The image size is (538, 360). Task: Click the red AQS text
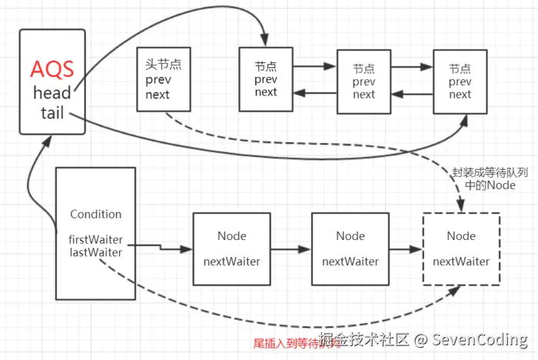click(51, 68)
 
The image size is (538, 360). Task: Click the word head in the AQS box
click(51, 93)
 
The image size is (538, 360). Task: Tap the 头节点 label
click(163, 65)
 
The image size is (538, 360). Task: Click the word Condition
click(96, 214)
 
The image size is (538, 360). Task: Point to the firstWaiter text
click(96, 239)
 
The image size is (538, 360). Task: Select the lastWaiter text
click(96, 251)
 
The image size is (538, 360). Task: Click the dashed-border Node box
click(461, 248)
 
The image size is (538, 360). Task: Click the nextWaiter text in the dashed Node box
click(461, 262)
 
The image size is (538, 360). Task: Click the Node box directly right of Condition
click(231, 248)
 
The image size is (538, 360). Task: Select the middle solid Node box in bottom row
click(350, 248)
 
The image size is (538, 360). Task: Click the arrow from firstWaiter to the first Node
click(173, 248)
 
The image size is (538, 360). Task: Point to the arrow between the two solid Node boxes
click(291, 249)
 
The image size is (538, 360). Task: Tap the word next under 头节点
click(158, 95)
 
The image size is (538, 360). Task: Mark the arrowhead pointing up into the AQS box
click(49, 142)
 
